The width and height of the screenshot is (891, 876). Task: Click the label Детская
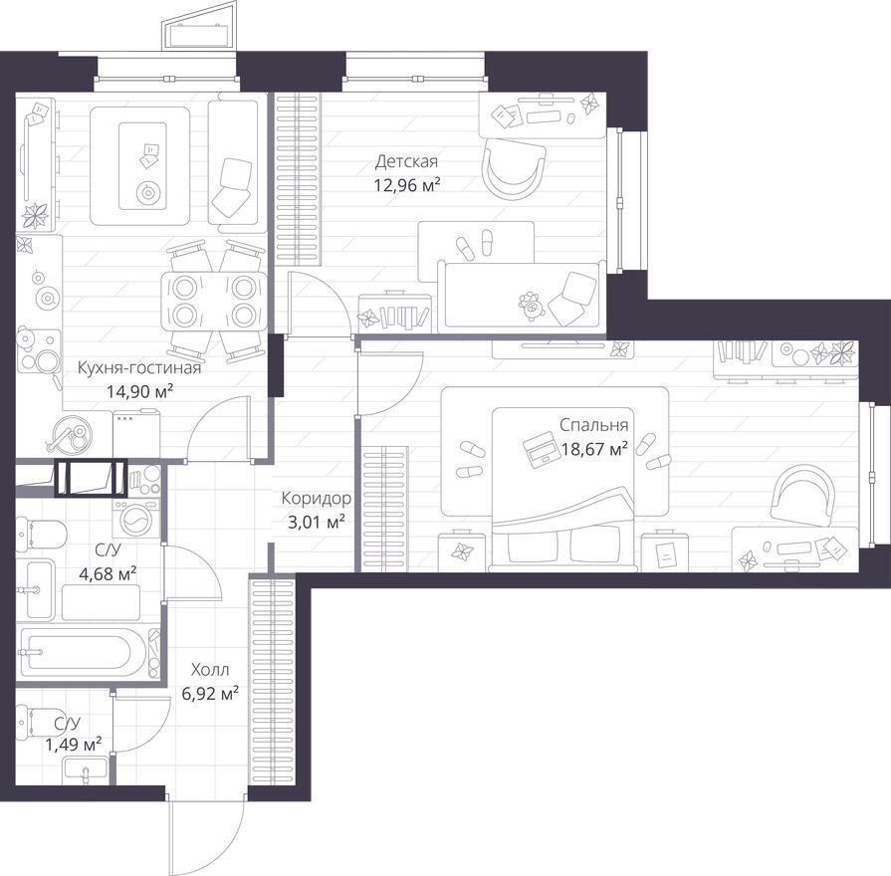pos(406,162)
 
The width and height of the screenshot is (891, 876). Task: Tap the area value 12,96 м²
pos(407,185)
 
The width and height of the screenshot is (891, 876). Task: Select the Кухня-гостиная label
pos(139,368)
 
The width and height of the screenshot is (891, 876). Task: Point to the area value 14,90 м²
pos(139,391)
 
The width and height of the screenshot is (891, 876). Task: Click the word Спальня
pos(593,425)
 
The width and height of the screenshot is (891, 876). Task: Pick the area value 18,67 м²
pos(595,449)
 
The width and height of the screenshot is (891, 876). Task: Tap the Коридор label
pos(317,498)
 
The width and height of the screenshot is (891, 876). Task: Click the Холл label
pos(210,670)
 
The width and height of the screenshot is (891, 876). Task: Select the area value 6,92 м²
pos(210,693)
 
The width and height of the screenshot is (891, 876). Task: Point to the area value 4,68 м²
pos(108,573)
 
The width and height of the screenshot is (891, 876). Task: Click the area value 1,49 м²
pos(74,744)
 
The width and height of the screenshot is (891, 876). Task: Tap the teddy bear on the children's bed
pos(532,307)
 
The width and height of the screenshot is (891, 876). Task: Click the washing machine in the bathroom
pos(136,518)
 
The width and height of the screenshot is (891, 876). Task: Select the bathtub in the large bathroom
pos(83,652)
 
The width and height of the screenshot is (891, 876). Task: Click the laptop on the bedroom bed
pos(541,449)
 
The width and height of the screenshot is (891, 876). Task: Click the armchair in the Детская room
pos(514,168)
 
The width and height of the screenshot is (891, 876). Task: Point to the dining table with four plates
pos(214,301)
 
